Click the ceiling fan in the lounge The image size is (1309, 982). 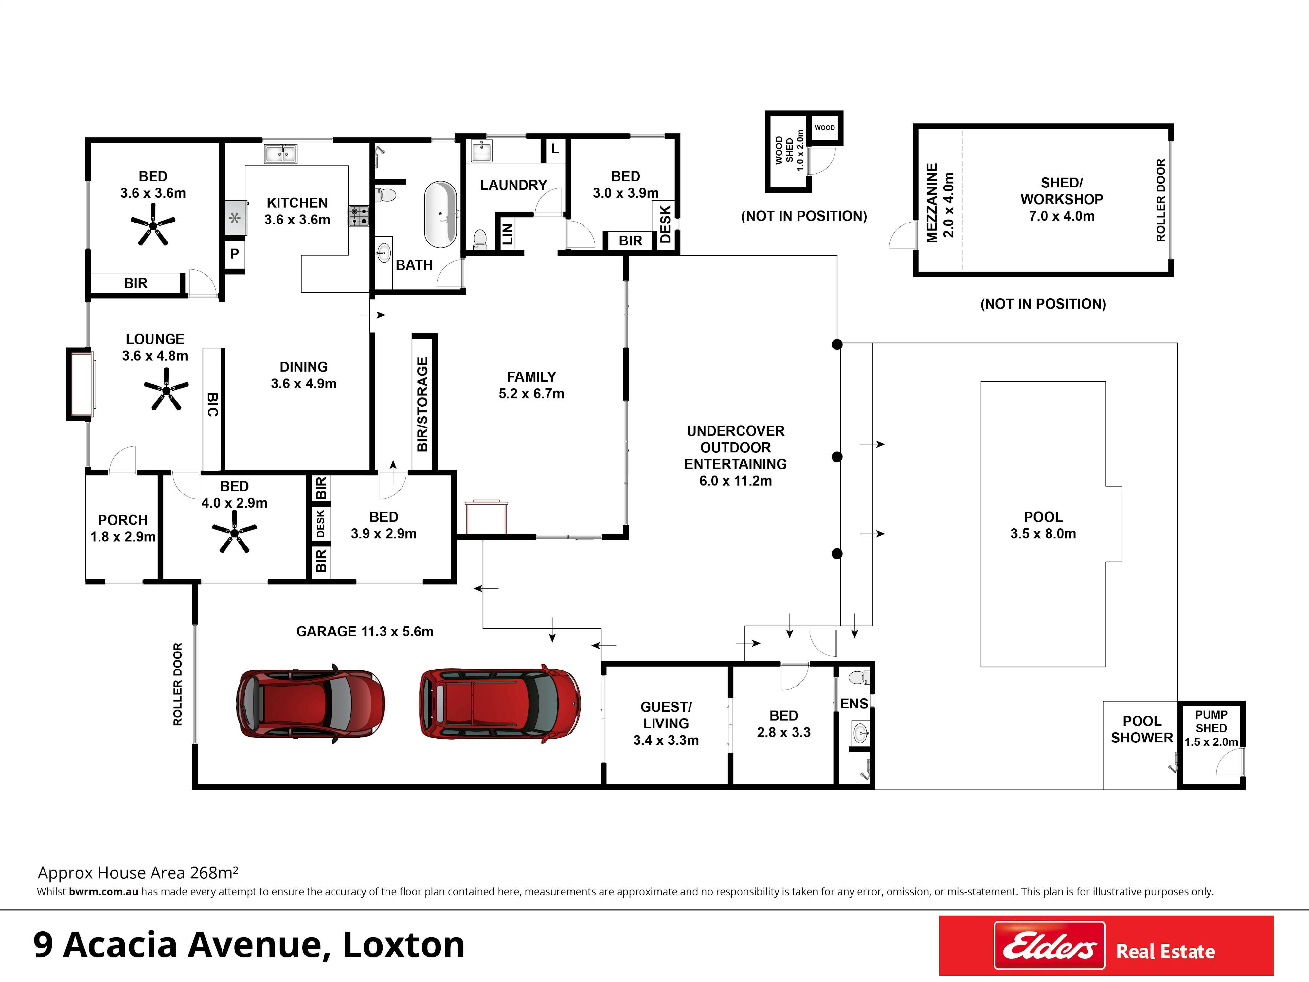166,389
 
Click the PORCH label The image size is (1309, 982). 122,520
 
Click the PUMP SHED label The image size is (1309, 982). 1211,721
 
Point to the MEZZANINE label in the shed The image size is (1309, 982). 932,203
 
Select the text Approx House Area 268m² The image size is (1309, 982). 138,873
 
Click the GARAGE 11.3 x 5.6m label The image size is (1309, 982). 365,631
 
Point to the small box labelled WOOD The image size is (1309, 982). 824,127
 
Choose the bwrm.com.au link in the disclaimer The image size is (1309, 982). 103,891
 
